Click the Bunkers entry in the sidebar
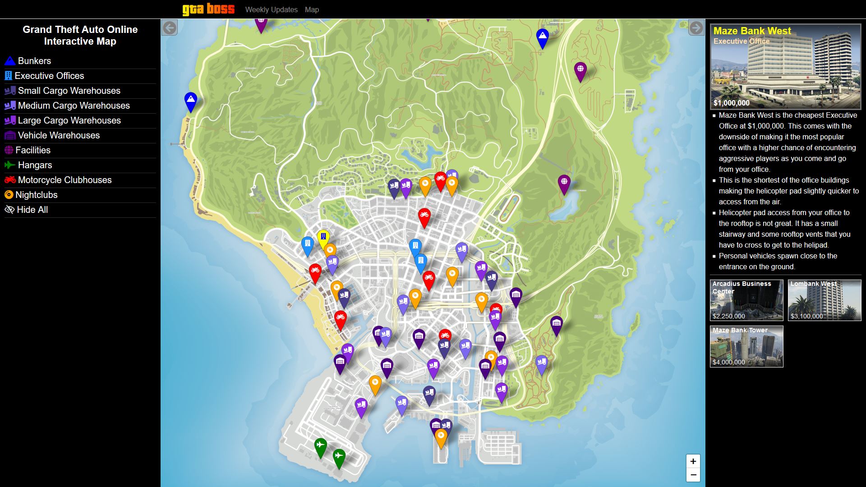pyautogui.click(x=34, y=61)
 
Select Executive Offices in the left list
pyautogui.click(x=49, y=76)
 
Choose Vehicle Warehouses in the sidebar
pyautogui.click(x=59, y=135)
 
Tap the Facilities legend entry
pyautogui.click(x=33, y=150)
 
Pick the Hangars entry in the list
pyautogui.click(x=35, y=165)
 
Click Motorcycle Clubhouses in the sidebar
pyautogui.click(x=64, y=180)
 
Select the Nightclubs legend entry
pyautogui.click(x=36, y=195)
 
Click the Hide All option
pyautogui.click(x=32, y=210)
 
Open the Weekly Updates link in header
pyautogui.click(x=271, y=9)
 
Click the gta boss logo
pyautogui.click(x=208, y=9)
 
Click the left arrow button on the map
pyautogui.click(x=170, y=28)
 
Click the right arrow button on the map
pyautogui.click(x=696, y=28)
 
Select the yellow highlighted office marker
pyautogui.click(x=323, y=237)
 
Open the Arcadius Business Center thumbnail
pyautogui.click(x=746, y=300)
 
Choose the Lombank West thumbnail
pyautogui.click(x=825, y=300)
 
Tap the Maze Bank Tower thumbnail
pyautogui.click(x=746, y=346)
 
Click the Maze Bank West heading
pyautogui.click(x=752, y=31)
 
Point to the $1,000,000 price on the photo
pyautogui.click(x=731, y=103)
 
